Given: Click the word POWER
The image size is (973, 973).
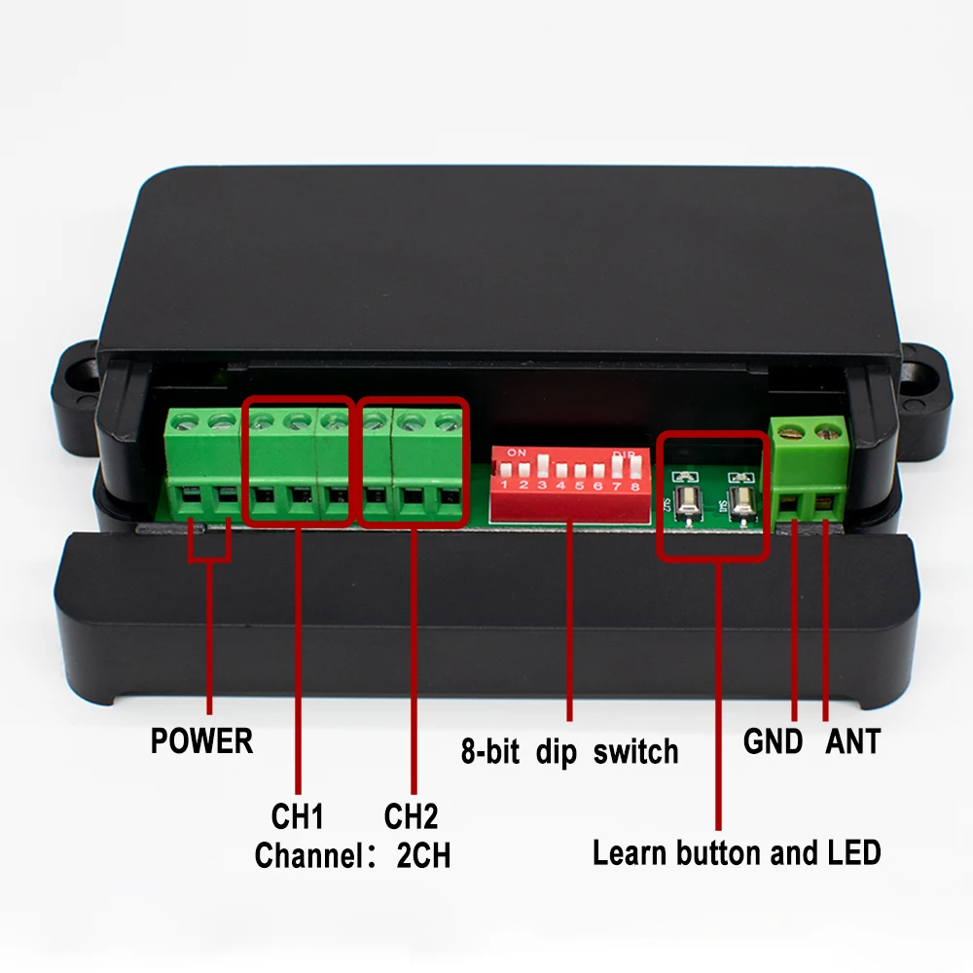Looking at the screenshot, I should coord(201,742).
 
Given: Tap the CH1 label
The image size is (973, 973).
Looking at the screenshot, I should coord(298,814).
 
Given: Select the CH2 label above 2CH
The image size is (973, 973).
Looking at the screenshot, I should coord(411,814).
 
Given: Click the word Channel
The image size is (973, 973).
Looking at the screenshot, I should coord(307,856).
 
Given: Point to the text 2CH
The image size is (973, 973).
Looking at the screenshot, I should coord(423,856).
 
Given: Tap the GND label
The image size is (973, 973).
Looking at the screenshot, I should coord(774,742).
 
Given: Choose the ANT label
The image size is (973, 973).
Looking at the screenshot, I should coord(852,742).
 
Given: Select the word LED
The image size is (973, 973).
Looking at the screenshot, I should coord(853,853).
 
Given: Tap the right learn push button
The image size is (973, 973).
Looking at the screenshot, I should coord(741,502).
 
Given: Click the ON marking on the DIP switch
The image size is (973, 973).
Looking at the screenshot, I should coord(517,452).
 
